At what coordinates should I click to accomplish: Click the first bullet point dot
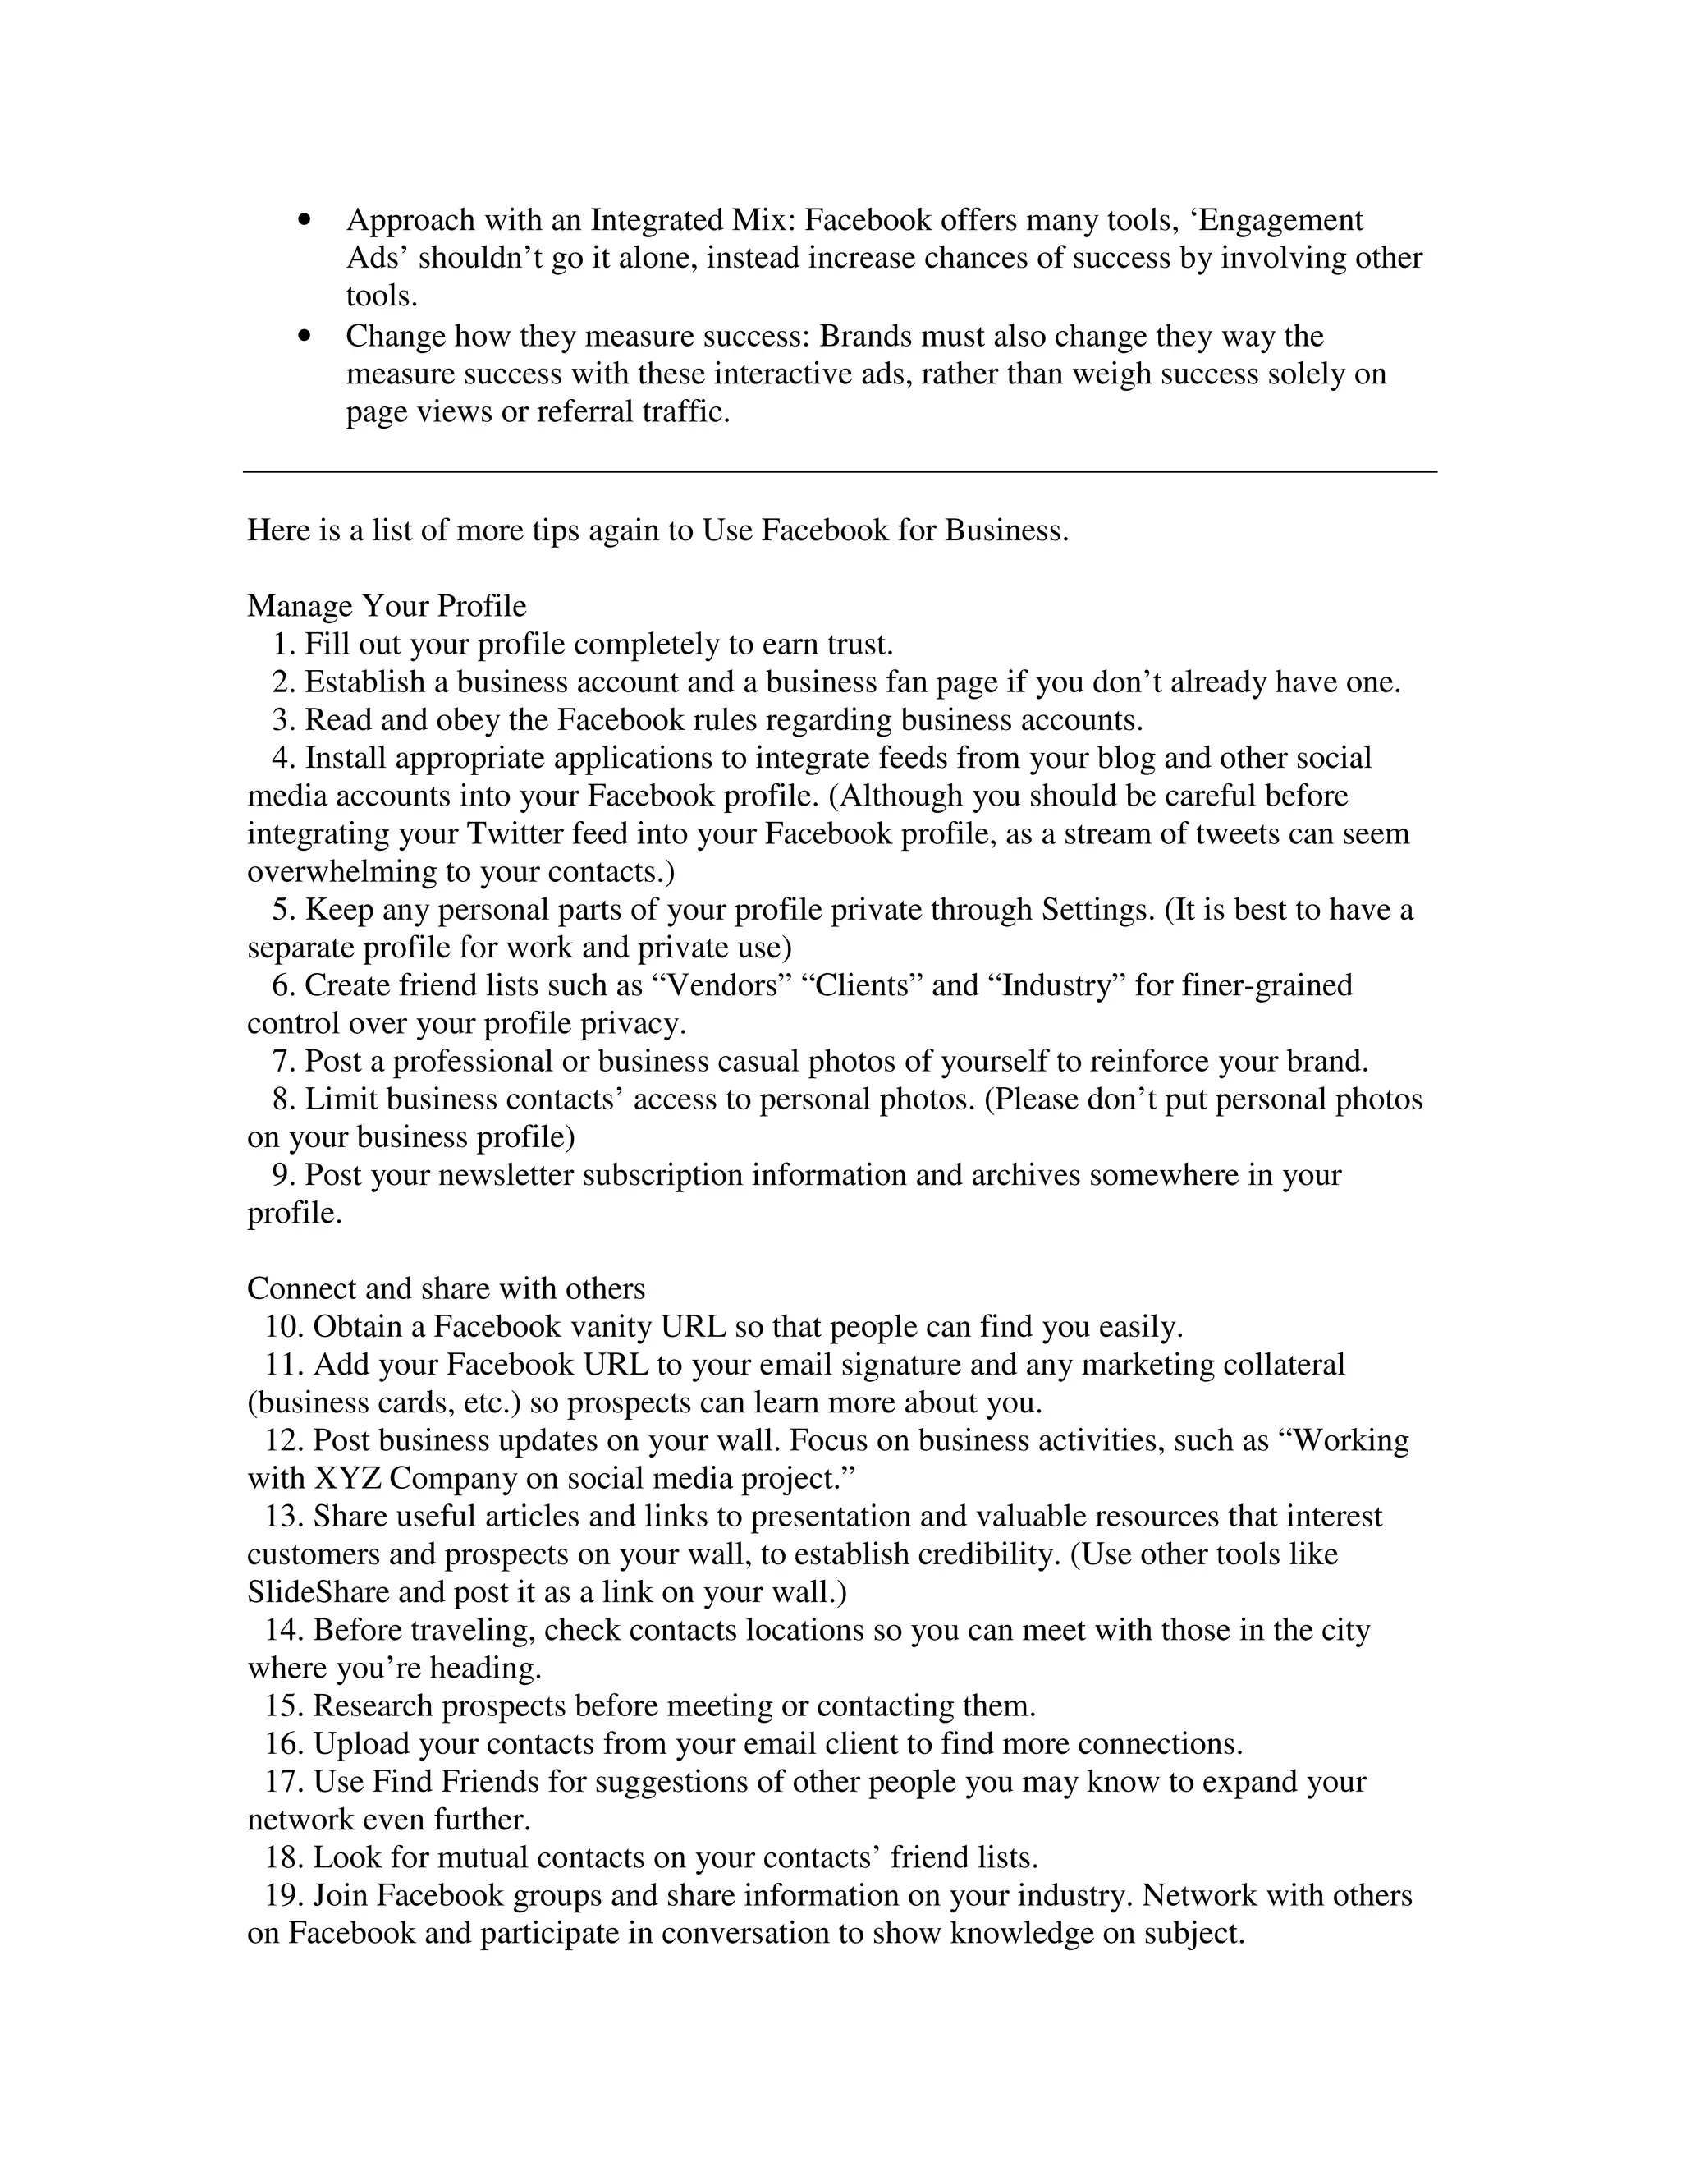[x=305, y=220]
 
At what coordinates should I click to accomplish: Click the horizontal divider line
[x=840, y=471]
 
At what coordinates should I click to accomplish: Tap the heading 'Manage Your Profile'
[x=387, y=606]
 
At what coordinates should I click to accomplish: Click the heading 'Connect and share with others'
[x=445, y=1288]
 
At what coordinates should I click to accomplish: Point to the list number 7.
[x=281, y=1061]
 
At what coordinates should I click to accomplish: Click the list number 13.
[x=283, y=1517]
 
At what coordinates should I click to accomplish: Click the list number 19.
[x=283, y=1895]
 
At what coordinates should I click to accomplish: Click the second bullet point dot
[x=305, y=337]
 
